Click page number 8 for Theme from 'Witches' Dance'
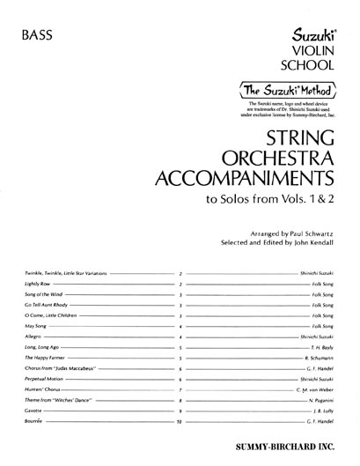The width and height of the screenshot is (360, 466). (180, 399)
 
